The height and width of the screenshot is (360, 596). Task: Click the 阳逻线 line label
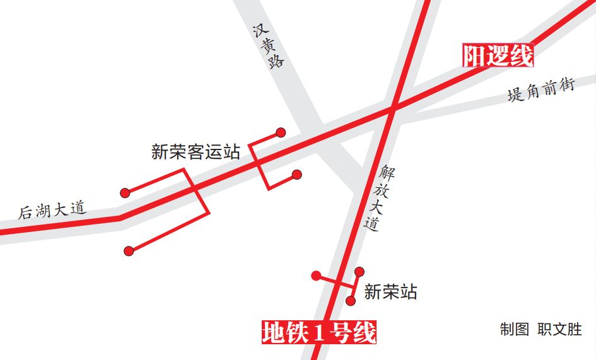tap(498, 56)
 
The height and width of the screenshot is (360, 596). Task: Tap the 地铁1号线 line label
tap(319, 332)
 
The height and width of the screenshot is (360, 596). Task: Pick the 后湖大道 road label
tap(53, 209)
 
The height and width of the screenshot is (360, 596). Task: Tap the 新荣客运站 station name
tap(196, 152)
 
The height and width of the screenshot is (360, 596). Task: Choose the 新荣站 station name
tap(390, 292)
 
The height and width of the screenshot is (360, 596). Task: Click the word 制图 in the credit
tap(514, 329)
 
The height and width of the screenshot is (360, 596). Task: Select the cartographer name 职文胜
tap(559, 329)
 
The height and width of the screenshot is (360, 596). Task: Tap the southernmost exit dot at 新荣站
tap(351, 301)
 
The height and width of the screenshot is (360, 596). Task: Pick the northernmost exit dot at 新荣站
tap(359, 272)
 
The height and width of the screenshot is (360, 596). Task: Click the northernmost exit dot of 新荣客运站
tap(281, 132)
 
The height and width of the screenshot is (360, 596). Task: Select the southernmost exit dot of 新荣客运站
tap(129, 251)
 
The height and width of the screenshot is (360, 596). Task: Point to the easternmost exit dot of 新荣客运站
tap(297, 175)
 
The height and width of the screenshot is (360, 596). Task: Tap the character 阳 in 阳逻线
tap(475, 56)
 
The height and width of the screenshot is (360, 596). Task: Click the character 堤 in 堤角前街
tap(515, 96)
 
